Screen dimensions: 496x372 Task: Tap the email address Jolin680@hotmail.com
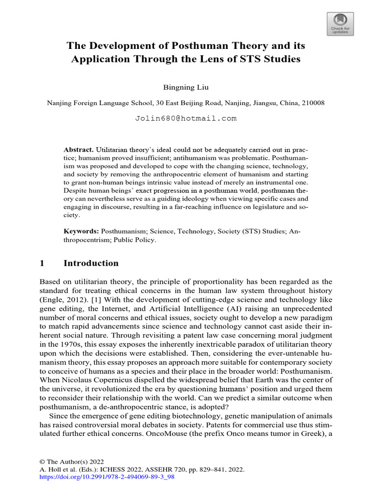point(186,118)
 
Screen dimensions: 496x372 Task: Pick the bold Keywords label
point(81,232)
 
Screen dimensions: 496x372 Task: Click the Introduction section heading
point(91,263)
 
